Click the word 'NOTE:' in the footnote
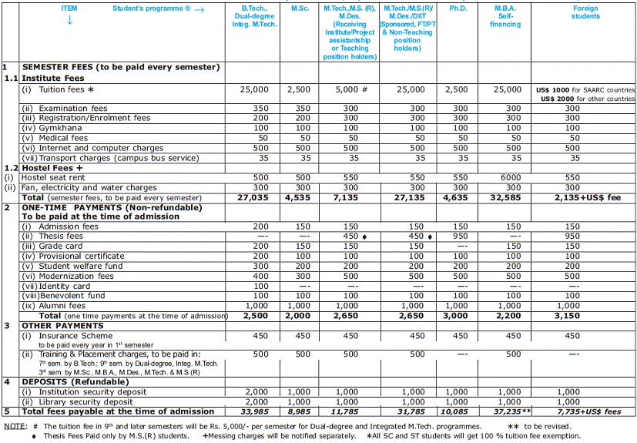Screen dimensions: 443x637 [15, 425]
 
